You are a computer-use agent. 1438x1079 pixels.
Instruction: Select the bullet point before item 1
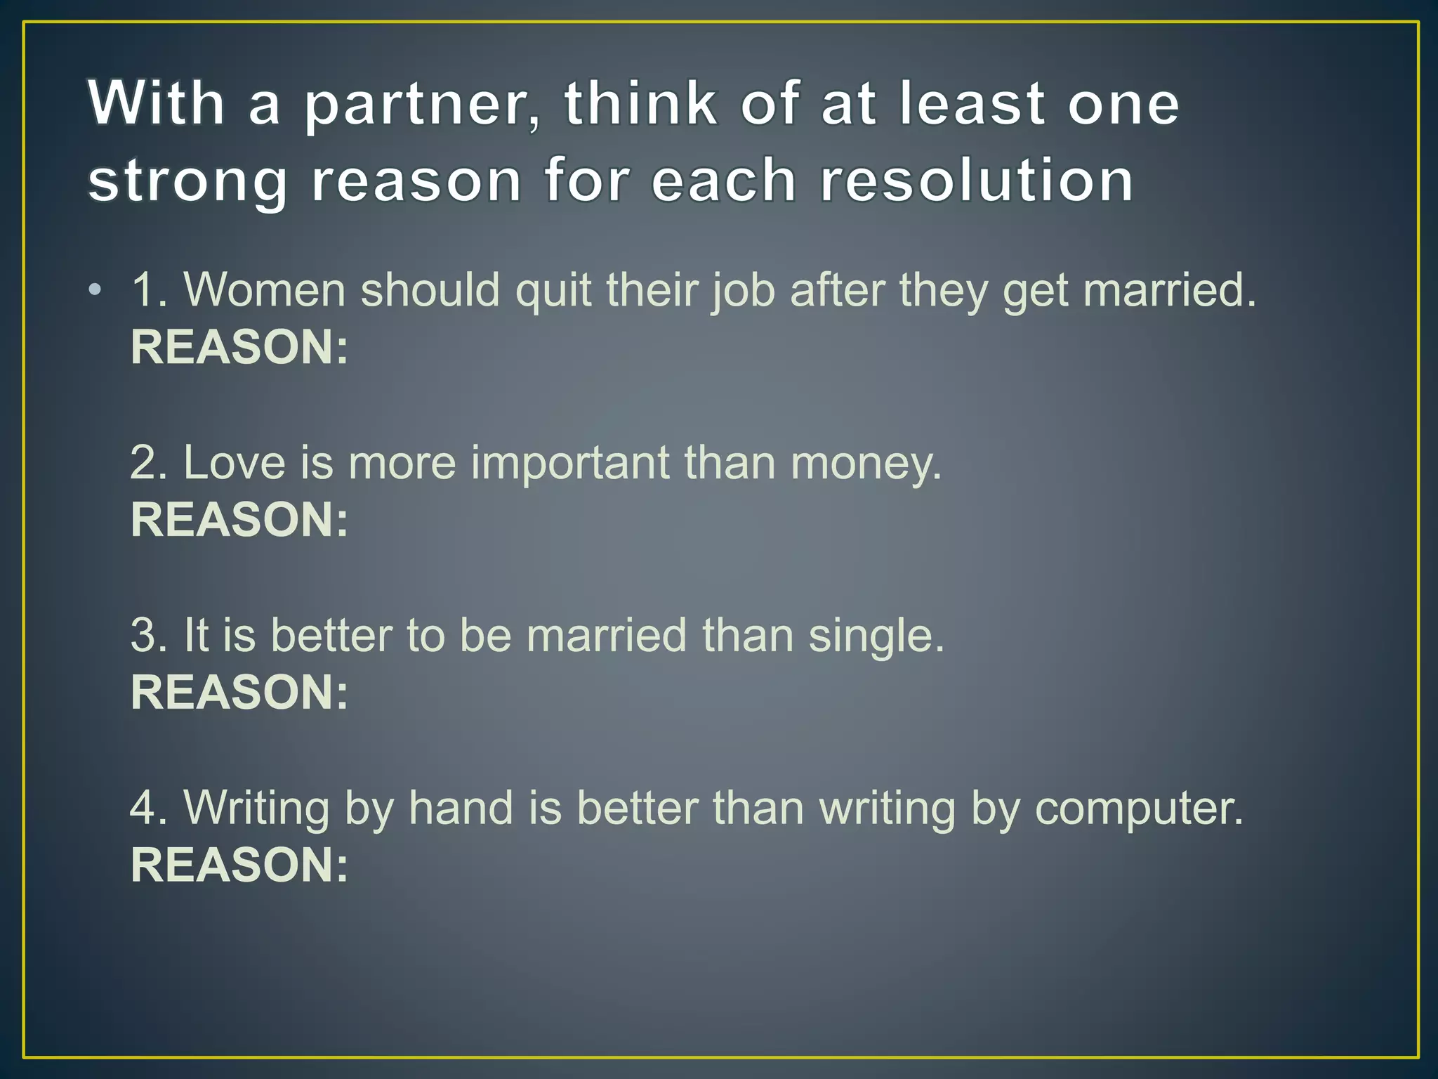pyautogui.click(x=95, y=290)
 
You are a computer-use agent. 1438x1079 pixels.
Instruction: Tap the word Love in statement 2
pyautogui.click(x=235, y=463)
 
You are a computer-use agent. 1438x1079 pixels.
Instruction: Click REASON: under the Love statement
pyautogui.click(x=239, y=520)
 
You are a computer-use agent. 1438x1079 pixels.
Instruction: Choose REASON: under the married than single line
pyautogui.click(x=239, y=693)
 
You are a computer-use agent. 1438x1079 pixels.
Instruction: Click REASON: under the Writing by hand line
pyautogui.click(x=239, y=865)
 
